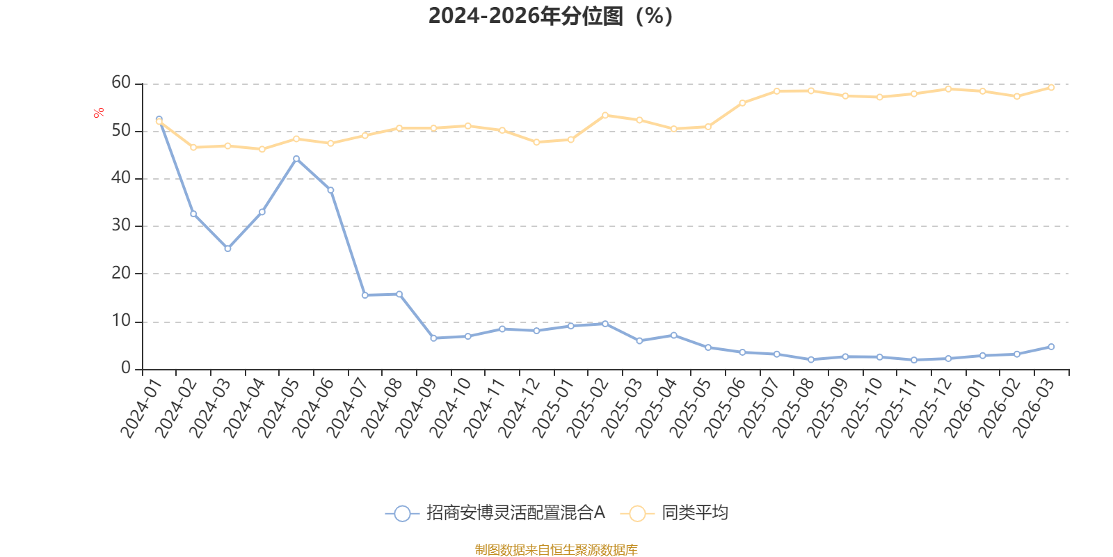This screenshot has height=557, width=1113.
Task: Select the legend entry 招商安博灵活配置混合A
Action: pyautogui.click(x=495, y=512)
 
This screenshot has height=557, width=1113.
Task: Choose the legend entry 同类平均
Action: pyautogui.click(x=674, y=512)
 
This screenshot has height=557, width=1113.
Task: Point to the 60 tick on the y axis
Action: pyautogui.click(x=121, y=83)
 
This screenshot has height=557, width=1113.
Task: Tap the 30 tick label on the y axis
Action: pyautogui.click(x=121, y=226)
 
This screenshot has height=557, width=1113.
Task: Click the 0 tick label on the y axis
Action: pyautogui.click(x=126, y=368)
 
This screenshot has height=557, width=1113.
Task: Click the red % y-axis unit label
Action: pyautogui.click(x=98, y=112)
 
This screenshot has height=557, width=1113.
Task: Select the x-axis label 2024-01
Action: pyautogui.click(x=142, y=408)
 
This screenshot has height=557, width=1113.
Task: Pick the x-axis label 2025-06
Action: pyautogui.click(x=724, y=408)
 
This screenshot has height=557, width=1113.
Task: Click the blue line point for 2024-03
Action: pyautogui.click(x=227, y=249)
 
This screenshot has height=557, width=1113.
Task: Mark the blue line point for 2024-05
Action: pyautogui.click(x=296, y=159)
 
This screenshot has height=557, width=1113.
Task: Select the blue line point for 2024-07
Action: pyautogui.click(x=365, y=295)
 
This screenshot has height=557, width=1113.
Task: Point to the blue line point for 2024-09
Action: pyautogui.click(x=434, y=338)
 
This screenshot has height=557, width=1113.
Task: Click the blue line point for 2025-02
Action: pyautogui.click(x=605, y=324)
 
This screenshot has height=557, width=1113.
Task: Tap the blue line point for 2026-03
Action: pyautogui.click(x=1051, y=347)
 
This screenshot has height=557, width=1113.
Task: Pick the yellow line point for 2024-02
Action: pyautogui.click(x=193, y=147)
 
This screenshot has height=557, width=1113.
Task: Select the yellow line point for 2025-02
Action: pyautogui.click(x=605, y=116)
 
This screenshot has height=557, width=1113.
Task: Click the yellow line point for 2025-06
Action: pyautogui.click(x=742, y=104)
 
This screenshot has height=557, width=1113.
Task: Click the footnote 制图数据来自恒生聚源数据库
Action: pyautogui.click(x=556, y=549)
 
